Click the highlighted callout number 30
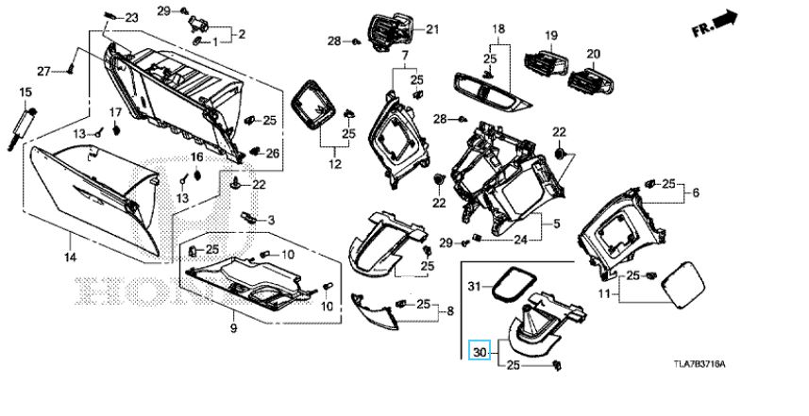click(x=480, y=351)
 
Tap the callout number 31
click(x=476, y=284)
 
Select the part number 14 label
click(x=69, y=258)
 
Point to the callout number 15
click(x=25, y=92)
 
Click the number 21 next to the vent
click(x=433, y=30)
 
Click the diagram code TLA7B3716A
click(x=705, y=363)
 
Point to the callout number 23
click(x=130, y=18)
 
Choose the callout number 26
click(x=273, y=153)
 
